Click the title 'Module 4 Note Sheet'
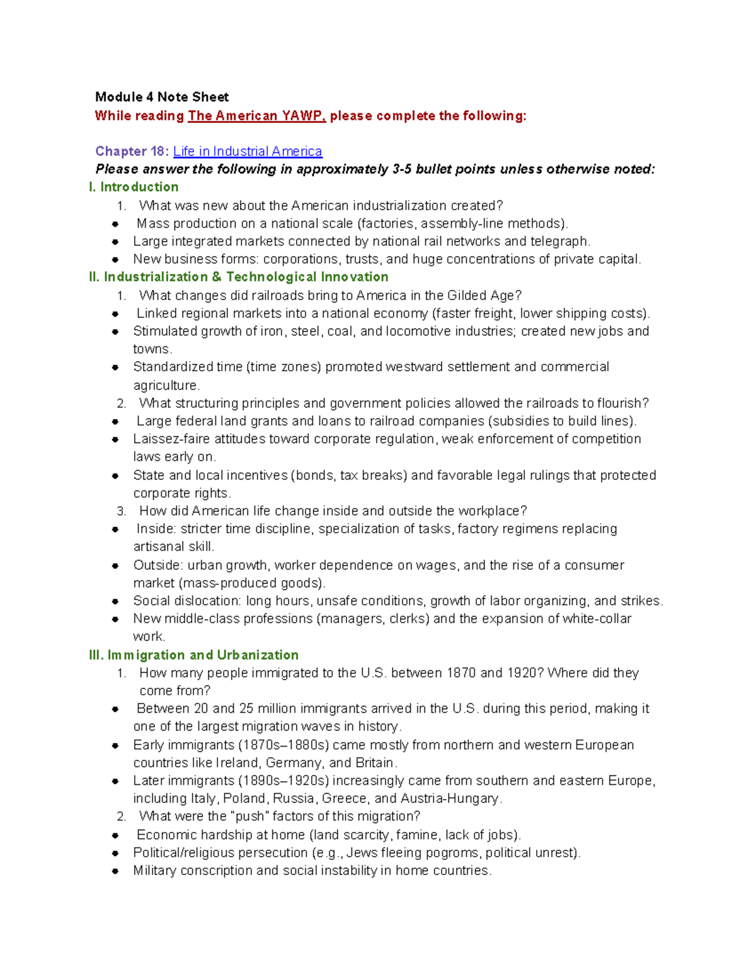point(161,97)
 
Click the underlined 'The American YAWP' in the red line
point(256,116)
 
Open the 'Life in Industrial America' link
point(247,151)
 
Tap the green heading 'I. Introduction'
point(134,187)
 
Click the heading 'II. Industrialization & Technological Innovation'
point(239,277)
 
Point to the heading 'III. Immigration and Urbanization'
point(193,655)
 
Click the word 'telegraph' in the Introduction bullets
point(559,241)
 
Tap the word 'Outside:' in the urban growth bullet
point(158,565)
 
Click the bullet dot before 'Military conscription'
point(115,871)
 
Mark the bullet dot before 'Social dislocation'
point(115,601)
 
